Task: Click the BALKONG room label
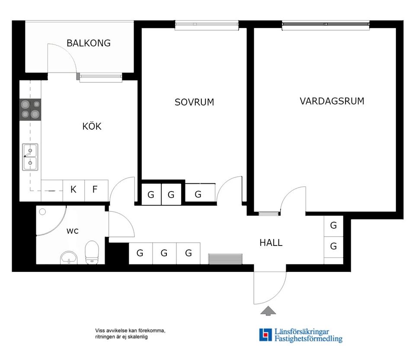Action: click(x=88, y=43)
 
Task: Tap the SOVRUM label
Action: click(x=194, y=102)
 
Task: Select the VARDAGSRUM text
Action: click(x=332, y=101)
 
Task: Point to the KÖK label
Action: click(x=92, y=127)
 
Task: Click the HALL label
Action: click(x=271, y=243)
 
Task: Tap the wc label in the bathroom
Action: click(x=72, y=231)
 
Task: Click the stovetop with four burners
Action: click(x=30, y=109)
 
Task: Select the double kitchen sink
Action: click(x=30, y=157)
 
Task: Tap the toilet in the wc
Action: click(x=92, y=252)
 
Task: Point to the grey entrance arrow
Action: click(x=268, y=310)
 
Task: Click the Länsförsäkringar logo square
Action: click(x=265, y=335)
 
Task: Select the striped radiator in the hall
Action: click(x=225, y=258)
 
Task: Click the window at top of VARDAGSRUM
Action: click(x=326, y=25)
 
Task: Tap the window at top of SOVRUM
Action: click(x=207, y=25)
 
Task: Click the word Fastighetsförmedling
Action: click(x=308, y=339)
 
